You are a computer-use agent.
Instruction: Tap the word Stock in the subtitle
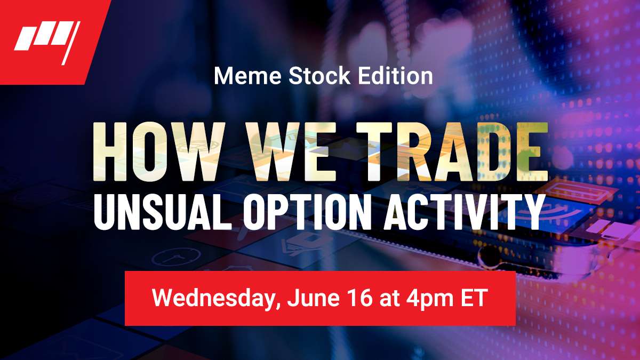[x=319, y=76]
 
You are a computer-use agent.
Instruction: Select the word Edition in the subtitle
[x=395, y=76]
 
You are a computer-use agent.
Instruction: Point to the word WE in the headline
[x=291, y=151]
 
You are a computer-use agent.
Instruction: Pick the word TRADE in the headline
[x=452, y=151]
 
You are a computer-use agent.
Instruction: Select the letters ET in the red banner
[x=474, y=298]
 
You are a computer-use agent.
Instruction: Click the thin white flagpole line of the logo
[x=71, y=43]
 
